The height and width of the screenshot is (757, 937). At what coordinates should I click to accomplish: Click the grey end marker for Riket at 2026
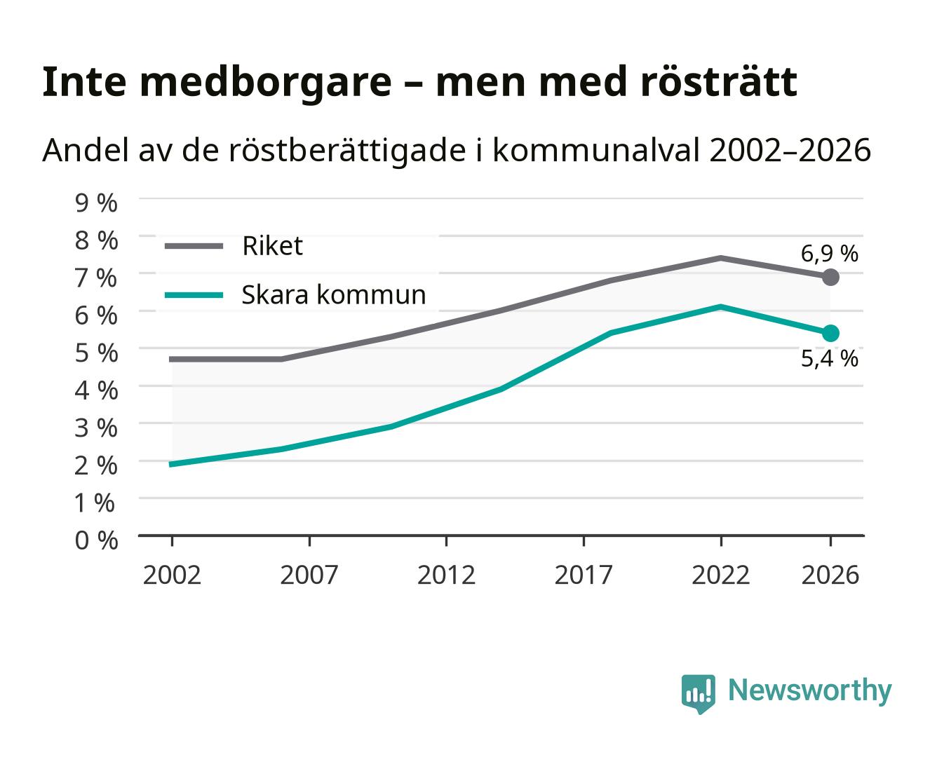pyautogui.click(x=830, y=278)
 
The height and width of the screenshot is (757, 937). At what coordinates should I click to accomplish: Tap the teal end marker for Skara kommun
pyautogui.click(x=830, y=333)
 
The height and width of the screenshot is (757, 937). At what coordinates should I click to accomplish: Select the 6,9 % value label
pyautogui.click(x=829, y=254)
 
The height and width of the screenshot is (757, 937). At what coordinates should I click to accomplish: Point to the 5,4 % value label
pyautogui.click(x=829, y=359)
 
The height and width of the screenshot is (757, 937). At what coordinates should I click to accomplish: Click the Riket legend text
pyautogui.click(x=272, y=245)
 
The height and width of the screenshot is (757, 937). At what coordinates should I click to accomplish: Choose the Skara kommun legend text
pyautogui.click(x=333, y=294)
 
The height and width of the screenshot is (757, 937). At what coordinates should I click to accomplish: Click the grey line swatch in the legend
pyautogui.click(x=194, y=246)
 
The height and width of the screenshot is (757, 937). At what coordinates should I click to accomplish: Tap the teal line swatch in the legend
pyautogui.click(x=194, y=295)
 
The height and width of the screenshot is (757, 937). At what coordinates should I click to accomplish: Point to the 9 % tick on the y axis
pyautogui.click(x=96, y=203)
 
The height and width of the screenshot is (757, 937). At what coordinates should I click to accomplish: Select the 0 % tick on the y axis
pyautogui.click(x=96, y=540)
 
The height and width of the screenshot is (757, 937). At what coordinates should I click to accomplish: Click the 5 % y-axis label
pyautogui.click(x=96, y=353)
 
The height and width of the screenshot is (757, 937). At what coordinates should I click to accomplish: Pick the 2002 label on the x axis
pyautogui.click(x=172, y=575)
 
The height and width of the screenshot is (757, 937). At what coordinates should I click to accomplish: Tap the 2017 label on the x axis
pyautogui.click(x=584, y=575)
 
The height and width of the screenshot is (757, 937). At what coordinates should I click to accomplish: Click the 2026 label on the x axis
pyautogui.click(x=830, y=575)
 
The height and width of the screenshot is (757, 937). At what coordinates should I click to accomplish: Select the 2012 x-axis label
pyautogui.click(x=446, y=575)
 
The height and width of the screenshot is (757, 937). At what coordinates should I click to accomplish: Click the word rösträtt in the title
pyautogui.click(x=719, y=82)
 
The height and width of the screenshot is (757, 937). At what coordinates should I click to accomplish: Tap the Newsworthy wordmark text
pyautogui.click(x=810, y=691)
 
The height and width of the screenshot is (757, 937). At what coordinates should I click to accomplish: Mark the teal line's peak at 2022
pyautogui.click(x=720, y=307)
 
